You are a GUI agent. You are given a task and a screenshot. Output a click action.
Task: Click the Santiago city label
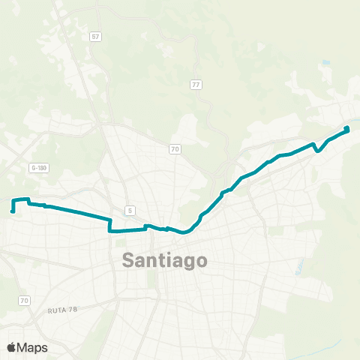point(164,260)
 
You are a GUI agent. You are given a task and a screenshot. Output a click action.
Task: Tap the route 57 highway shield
point(95,36)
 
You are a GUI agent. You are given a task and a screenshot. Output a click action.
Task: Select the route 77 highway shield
point(196,84)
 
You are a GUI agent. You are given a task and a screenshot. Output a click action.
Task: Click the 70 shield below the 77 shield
point(175,149)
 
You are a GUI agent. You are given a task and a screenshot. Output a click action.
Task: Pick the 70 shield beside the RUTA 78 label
point(24,300)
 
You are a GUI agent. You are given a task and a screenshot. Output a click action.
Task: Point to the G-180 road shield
point(39,168)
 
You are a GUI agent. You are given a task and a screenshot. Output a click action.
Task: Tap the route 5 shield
point(130,211)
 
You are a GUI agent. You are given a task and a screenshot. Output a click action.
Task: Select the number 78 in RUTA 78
point(73,309)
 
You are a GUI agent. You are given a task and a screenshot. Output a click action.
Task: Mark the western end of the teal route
point(13,211)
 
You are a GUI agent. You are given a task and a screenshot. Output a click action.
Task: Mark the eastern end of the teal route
point(347,129)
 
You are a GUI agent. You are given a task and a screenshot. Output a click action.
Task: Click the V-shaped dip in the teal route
point(318,150)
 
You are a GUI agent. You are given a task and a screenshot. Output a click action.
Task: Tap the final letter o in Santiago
point(201,261)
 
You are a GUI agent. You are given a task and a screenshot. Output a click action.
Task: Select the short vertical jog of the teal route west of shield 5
point(110,225)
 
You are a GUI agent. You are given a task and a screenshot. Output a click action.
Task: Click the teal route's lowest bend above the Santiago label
point(184,232)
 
